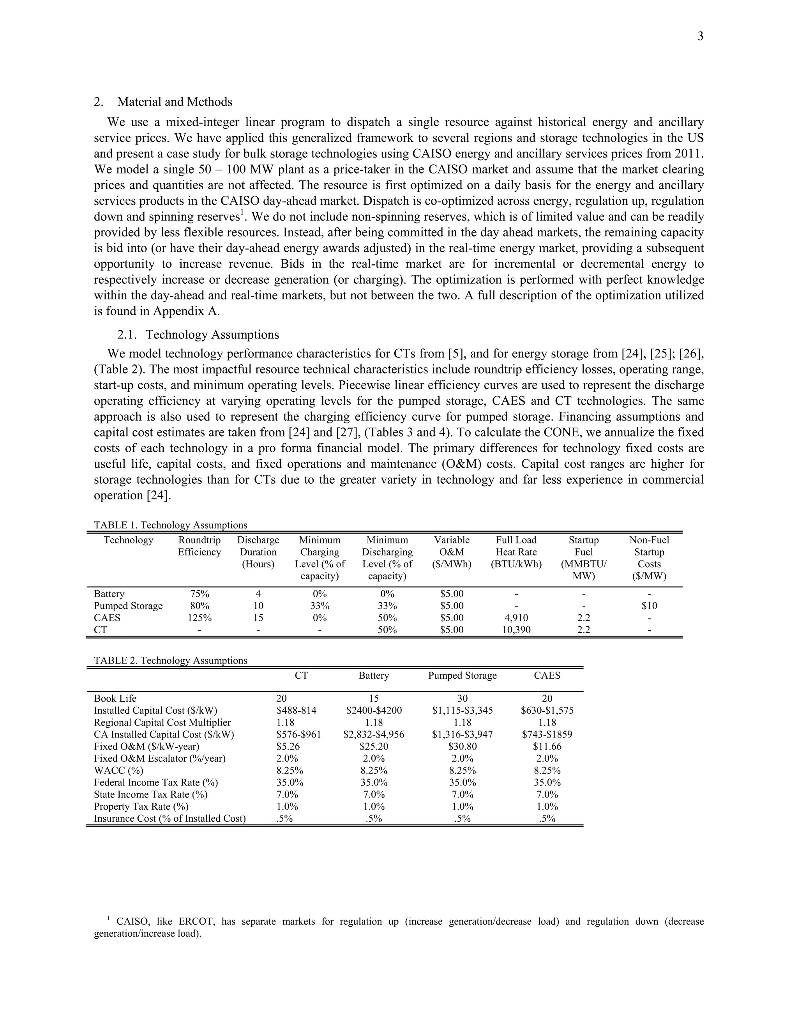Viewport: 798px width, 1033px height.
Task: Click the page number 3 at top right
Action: [x=700, y=36]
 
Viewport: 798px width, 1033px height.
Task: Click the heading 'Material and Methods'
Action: [x=175, y=102]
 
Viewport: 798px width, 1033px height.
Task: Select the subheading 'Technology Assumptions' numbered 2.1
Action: [x=212, y=334]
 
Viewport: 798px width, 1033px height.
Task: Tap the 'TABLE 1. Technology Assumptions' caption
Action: [x=170, y=525]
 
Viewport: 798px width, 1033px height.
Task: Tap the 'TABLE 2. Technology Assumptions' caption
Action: [x=170, y=660]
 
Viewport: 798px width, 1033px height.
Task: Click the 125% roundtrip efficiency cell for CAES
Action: [x=199, y=618]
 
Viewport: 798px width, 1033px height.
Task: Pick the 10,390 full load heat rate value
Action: [x=516, y=630]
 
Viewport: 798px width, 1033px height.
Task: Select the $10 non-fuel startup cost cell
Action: [x=649, y=606]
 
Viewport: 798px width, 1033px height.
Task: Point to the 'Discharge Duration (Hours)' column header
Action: [x=258, y=552]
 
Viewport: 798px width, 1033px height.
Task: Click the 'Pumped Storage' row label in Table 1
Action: [x=128, y=606]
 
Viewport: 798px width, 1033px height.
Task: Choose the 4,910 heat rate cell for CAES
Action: [x=516, y=618]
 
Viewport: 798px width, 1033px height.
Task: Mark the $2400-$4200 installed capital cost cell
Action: [x=373, y=710]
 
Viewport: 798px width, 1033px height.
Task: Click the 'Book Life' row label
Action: [x=115, y=698]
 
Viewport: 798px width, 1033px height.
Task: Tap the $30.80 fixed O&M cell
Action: [x=463, y=746]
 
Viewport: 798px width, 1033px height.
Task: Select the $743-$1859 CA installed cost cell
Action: [x=547, y=734]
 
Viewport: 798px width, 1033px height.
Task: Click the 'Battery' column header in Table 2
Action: [x=373, y=676]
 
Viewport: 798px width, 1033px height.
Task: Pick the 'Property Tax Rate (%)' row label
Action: [x=141, y=807]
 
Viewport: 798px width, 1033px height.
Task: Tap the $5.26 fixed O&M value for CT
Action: [x=288, y=746]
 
